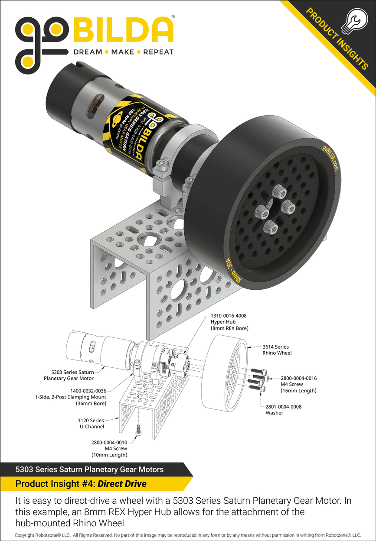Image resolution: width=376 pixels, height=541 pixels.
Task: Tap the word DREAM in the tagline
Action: pos(88,52)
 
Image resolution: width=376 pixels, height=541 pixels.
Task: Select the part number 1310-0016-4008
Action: pos(228,316)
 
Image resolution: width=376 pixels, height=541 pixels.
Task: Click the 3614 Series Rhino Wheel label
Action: pos(275,350)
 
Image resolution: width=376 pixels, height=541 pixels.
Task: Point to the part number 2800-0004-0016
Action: pos(298,378)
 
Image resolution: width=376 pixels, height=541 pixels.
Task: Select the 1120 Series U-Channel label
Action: pos(91,423)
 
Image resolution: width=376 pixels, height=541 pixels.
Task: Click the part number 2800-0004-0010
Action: pos(109,443)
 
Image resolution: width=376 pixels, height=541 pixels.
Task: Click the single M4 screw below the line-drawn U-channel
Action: pos(138,429)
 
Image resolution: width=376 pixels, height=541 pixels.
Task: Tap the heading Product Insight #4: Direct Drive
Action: pos(81,483)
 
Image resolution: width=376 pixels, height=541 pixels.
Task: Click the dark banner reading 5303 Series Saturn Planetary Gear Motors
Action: pos(89,469)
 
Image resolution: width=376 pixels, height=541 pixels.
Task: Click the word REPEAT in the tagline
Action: pos(158,52)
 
